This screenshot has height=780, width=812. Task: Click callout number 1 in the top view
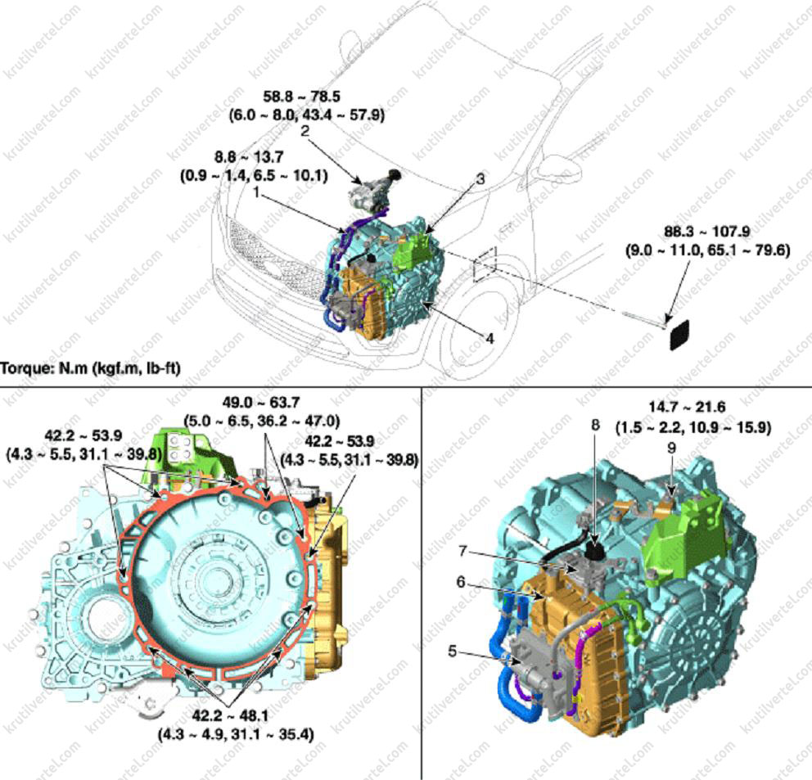tap(256, 192)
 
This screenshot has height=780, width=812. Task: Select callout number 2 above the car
tap(305, 130)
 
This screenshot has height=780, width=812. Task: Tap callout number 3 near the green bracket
tap(480, 178)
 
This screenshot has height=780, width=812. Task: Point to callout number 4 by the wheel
tap(489, 338)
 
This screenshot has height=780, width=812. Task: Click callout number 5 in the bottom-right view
tap(453, 651)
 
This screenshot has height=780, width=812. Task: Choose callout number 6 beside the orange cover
tap(461, 582)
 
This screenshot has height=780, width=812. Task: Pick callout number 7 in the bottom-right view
tap(463, 552)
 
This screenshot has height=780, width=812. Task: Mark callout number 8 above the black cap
tap(596, 425)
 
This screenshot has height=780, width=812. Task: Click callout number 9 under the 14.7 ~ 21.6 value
tap(672, 448)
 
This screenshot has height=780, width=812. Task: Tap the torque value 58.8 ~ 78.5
tap(302, 97)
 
